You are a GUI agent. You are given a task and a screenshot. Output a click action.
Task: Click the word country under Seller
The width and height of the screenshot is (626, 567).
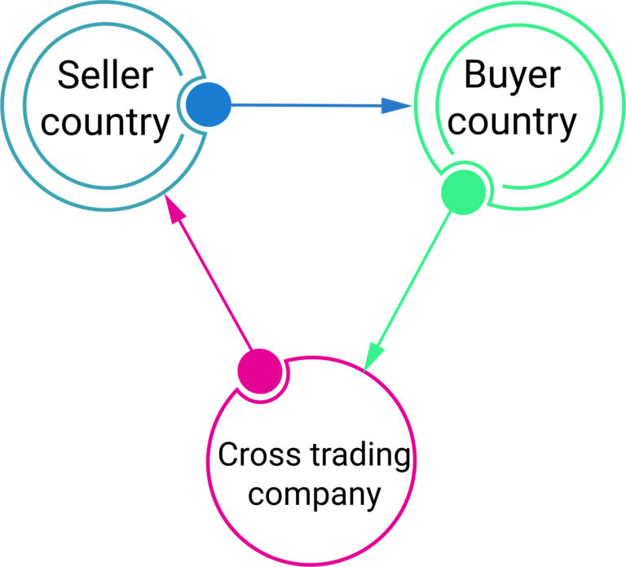(x=105, y=124)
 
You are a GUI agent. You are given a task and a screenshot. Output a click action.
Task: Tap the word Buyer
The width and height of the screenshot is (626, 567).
(x=513, y=77)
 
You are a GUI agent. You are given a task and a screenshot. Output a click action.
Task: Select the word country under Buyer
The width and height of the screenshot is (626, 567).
(x=513, y=124)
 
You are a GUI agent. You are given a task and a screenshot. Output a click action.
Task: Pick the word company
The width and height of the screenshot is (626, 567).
(x=313, y=494)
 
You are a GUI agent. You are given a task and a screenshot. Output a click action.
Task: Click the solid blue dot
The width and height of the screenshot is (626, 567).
(x=209, y=104)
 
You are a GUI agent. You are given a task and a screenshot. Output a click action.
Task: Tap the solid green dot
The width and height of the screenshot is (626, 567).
(x=463, y=192)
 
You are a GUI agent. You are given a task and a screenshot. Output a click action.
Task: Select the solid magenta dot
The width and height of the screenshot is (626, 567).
(x=259, y=371)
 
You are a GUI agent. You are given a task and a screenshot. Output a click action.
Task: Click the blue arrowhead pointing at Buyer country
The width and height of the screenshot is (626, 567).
(x=396, y=105)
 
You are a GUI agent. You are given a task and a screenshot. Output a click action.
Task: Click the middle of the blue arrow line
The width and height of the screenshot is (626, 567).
(x=310, y=105)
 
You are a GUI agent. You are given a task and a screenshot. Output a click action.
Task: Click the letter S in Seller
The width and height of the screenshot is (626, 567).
(x=68, y=77)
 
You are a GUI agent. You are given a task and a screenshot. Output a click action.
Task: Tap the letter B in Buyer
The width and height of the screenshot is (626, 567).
(x=475, y=77)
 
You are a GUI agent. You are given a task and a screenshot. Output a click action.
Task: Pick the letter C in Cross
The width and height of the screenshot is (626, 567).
(x=228, y=455)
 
